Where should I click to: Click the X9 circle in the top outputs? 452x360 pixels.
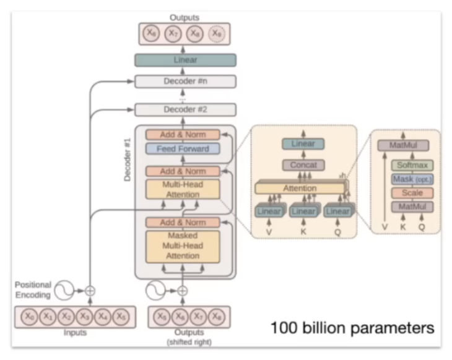[215, 33]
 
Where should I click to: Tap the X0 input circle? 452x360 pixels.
[28, 317]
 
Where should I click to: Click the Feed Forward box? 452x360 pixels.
[183, 148]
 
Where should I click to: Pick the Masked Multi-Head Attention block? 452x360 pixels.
[183, 246]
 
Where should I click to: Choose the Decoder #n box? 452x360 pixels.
[185, 81]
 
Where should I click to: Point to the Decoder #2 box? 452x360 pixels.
[185, 110]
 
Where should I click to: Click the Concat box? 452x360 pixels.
[303, 165]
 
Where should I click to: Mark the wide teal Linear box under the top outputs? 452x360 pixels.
[185, 60]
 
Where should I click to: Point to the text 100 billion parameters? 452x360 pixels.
[352, 327]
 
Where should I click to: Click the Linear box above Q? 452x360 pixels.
[338, 212]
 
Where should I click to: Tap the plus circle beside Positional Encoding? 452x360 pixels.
[90, 289]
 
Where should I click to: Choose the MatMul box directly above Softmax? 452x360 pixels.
[408, 146]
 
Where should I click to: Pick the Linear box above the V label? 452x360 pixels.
[269, 212]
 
